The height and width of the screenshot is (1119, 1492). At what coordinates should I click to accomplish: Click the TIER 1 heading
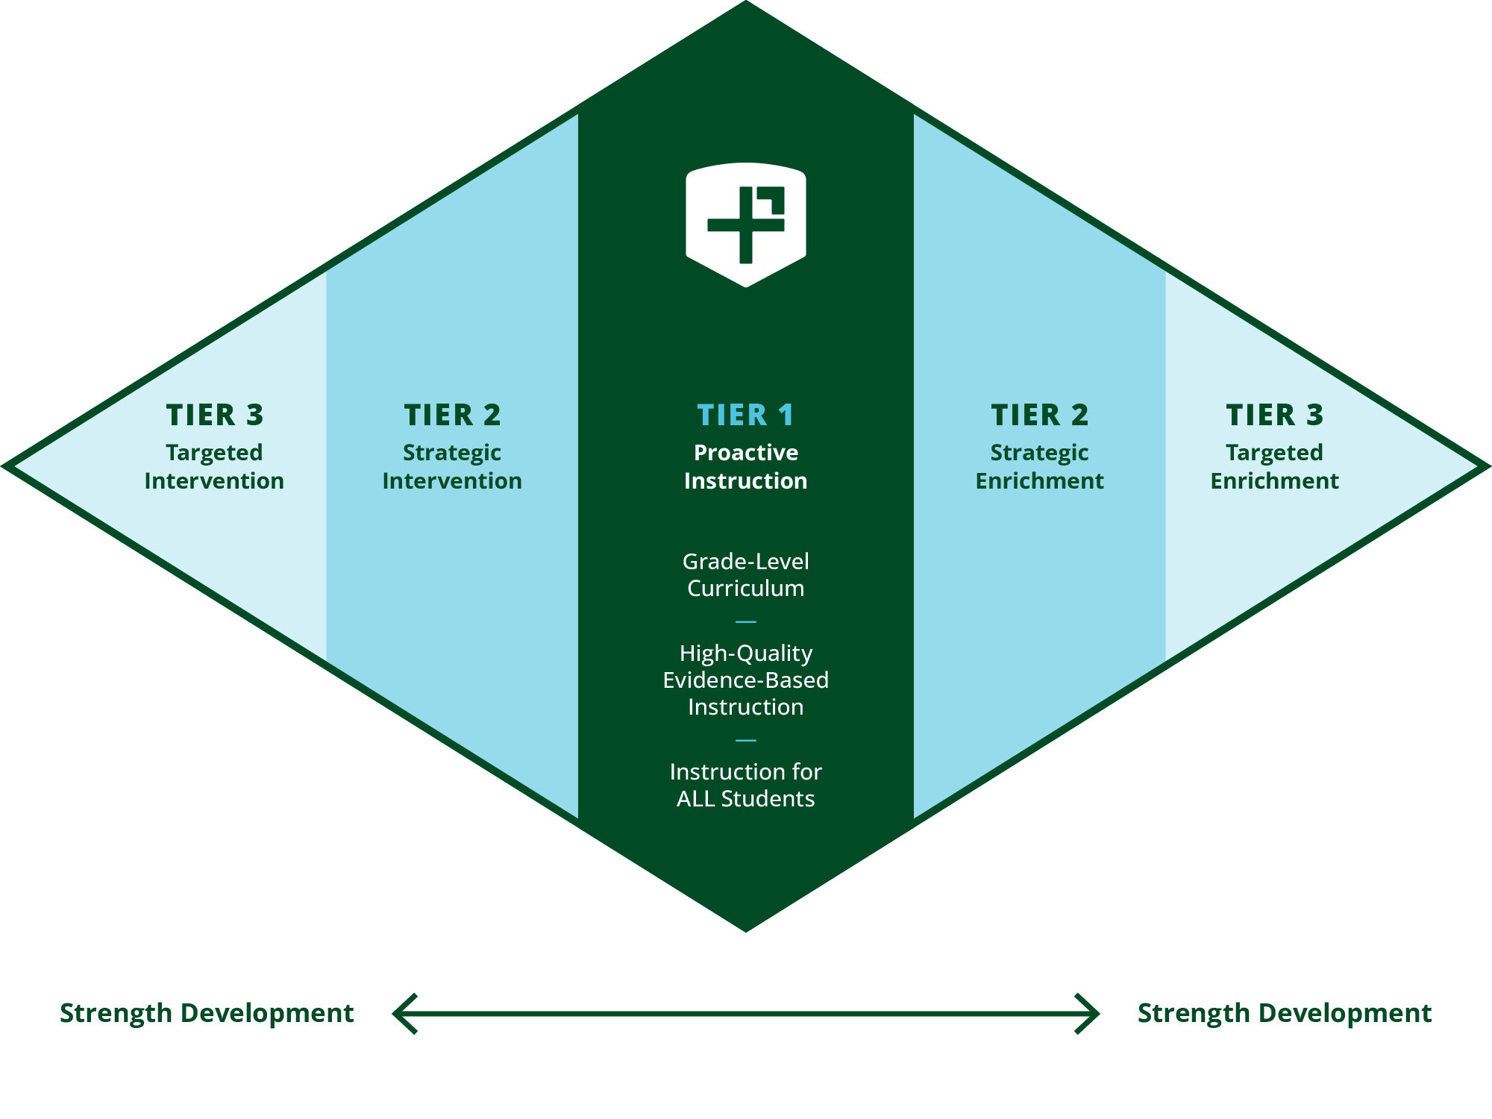click(745, 415)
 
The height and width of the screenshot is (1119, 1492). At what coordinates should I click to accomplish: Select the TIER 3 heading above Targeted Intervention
click(215, 415)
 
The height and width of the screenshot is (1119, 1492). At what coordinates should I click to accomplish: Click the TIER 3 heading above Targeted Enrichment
click(1274, 415)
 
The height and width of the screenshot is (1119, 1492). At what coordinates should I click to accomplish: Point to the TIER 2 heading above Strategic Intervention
click(452, 415)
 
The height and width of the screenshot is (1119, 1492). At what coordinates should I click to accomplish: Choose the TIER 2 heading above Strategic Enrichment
click(1039, 415)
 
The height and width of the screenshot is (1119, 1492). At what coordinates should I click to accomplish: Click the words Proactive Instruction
click(745, 466)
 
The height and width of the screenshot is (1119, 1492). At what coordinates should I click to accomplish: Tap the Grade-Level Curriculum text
click(745, 574)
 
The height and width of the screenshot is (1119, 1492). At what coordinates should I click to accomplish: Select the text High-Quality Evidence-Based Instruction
click(745, 680)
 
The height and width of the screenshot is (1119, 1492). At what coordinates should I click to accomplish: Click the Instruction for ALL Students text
click(745, 785)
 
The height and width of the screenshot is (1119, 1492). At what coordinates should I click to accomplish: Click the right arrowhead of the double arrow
click(1088, 1013)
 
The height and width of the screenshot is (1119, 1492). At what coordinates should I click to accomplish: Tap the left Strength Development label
click(207, 1013)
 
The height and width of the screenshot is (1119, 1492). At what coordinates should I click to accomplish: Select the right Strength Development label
click(1284, 1013)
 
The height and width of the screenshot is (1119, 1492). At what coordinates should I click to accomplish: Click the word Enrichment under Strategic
click(1039, 481)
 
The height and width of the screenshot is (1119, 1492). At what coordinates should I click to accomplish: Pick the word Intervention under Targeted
click(214, 481)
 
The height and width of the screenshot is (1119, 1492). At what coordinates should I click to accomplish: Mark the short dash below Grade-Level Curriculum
click(745, 621)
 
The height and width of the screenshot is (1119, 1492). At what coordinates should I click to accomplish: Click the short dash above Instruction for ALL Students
click(745, 740)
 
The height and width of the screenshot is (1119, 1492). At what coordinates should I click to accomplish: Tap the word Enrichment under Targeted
click(1274, 481)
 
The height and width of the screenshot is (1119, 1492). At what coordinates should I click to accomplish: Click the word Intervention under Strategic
click(452, 481)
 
